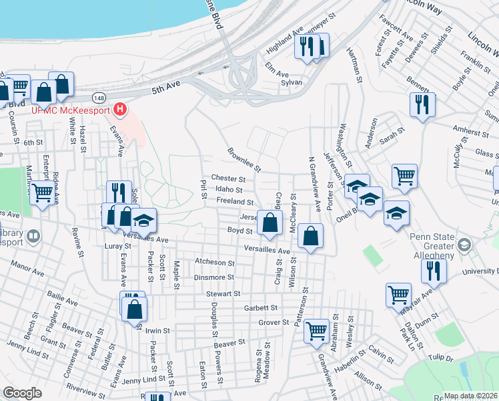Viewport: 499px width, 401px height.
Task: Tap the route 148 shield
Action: click(99, 98)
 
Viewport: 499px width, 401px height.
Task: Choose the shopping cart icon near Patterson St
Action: click(316, 330)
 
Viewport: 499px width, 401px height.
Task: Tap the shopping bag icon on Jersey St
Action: click(269, 223)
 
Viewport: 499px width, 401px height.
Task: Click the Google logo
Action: click(22, 393)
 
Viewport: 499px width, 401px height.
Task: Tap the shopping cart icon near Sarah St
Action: click(404, 176)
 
